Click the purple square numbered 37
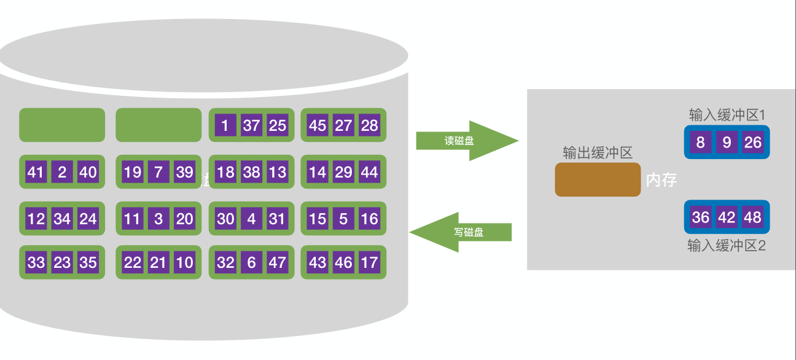coord(251,125)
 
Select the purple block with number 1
coord(225,125)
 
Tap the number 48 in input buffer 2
coord(752,217)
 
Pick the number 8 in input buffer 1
coord(701,143)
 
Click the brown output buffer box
coord(598,179)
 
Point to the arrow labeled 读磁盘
coord(467,141)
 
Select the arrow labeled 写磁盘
coord(461,232)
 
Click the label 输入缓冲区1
coord(726,115)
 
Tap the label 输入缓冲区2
coord(726,246)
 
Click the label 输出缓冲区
coord(598,153)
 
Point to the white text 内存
coord(661,180)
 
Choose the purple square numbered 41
coord(36,172)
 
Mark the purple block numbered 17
coord(369,262)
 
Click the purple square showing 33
coord(36,262)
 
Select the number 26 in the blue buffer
coord(752,143)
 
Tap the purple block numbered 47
coord(278,262)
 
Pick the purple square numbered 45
coord(317,125)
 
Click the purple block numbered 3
coord(158,219)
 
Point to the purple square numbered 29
coord(343,172)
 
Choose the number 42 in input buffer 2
coord(727,217)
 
